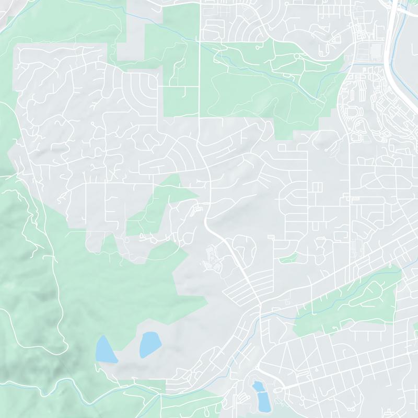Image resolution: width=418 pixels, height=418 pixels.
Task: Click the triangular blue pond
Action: (105, 350)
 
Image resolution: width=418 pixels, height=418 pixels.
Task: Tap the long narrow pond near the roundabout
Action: (260, 396)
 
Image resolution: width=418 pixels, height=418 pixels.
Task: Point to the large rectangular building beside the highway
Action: (376, 51)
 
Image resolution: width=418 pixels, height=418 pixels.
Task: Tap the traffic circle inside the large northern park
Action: (296, 55)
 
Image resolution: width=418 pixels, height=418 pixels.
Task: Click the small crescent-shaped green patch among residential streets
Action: (288, 258)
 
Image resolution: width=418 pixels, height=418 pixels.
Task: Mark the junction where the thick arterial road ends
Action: (260, 308)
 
